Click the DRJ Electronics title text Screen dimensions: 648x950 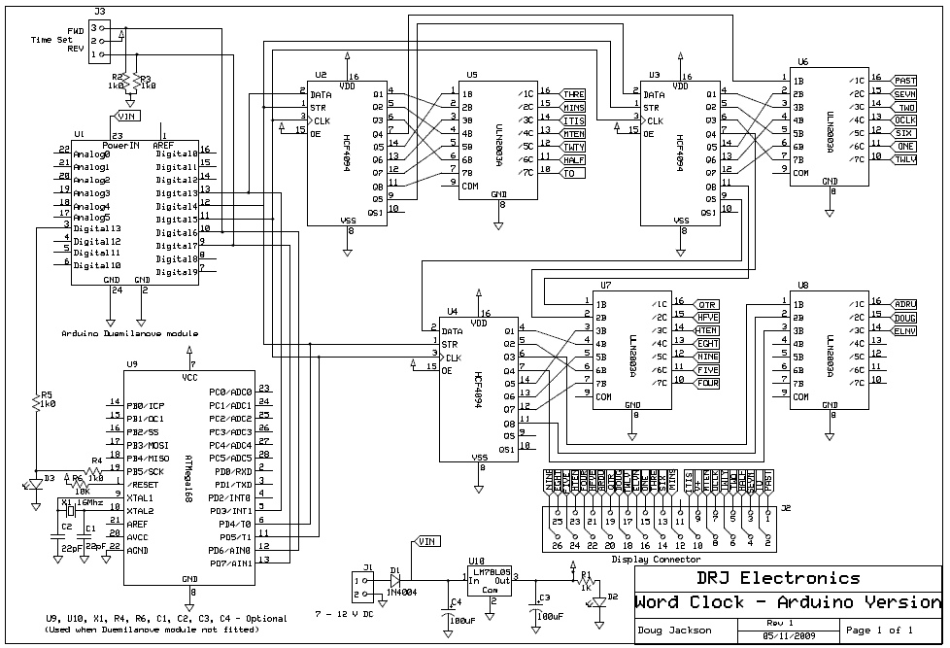(763, 578)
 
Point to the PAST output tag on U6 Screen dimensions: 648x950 (904, 80)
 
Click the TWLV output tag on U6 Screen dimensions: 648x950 (904, 158)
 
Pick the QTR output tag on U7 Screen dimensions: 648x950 (706, 303)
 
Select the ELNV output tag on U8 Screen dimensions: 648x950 (904, 331)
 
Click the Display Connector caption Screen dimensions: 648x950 (656, 560)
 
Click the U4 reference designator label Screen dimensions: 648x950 (452, 311)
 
